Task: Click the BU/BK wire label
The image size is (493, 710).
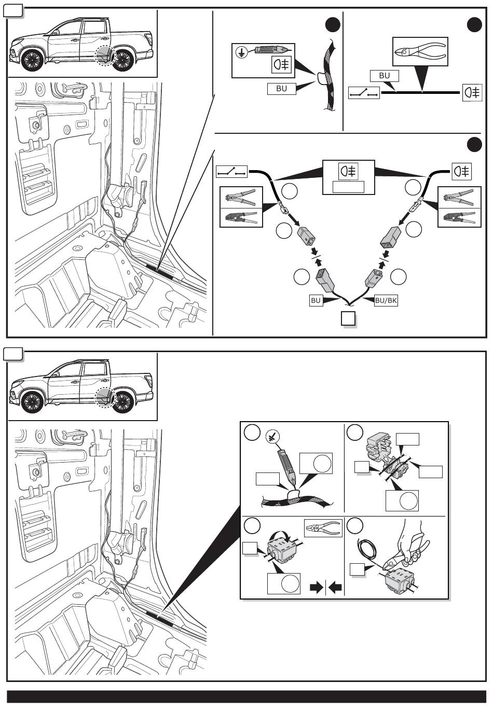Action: pos(386,300)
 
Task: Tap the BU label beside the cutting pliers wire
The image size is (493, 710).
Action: pos(384,76)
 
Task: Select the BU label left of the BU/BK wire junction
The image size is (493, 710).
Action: pos(316,300)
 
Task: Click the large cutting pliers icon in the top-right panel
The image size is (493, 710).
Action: pos(420,51)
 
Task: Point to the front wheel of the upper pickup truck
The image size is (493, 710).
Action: pos(32,60)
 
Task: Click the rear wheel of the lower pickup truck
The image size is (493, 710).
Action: pos(123,402)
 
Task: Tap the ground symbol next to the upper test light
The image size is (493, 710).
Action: pos(242,52)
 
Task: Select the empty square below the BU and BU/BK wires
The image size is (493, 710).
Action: pos(348,318)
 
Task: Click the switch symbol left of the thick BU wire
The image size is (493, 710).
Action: pos(364,92)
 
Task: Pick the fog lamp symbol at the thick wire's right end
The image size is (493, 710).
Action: pos(472,92)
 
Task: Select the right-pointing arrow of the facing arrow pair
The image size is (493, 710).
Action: pos(316,588)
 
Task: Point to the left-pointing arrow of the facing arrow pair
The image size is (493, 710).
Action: pos(335,588)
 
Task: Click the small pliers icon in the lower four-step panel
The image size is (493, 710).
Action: pos(323,528)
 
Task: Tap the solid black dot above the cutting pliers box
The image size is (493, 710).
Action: pos(475,25)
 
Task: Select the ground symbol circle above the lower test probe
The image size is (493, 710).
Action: pos(272,437)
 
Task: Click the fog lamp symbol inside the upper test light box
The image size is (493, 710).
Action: pos(282,65)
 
